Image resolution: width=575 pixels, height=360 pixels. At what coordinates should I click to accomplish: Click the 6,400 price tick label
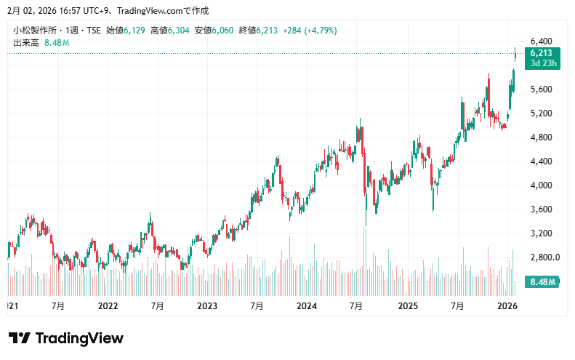543,41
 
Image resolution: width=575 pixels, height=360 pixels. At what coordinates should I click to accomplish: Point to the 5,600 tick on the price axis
543,89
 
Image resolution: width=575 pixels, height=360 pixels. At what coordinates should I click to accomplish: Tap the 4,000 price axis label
543,185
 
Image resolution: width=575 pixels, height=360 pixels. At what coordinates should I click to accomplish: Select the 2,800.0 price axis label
545,257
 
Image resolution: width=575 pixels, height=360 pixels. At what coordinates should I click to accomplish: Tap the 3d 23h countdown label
543,63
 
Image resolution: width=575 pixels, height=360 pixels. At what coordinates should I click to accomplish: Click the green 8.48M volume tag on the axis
543,281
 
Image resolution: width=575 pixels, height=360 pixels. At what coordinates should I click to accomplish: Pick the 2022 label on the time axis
108,306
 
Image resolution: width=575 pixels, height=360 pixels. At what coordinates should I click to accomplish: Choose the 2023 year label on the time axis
207,306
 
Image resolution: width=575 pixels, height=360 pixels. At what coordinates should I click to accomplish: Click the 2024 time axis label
307,306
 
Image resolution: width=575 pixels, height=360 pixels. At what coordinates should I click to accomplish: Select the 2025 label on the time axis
407,306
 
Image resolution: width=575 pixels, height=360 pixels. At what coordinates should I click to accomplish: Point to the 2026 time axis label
507,306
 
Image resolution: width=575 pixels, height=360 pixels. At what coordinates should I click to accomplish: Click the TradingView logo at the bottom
65,338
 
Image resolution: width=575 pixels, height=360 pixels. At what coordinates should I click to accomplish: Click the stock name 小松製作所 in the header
36,30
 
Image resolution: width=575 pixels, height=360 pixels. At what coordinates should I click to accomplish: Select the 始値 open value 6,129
134,30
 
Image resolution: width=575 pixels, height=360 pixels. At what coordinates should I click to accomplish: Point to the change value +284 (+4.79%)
308,30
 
